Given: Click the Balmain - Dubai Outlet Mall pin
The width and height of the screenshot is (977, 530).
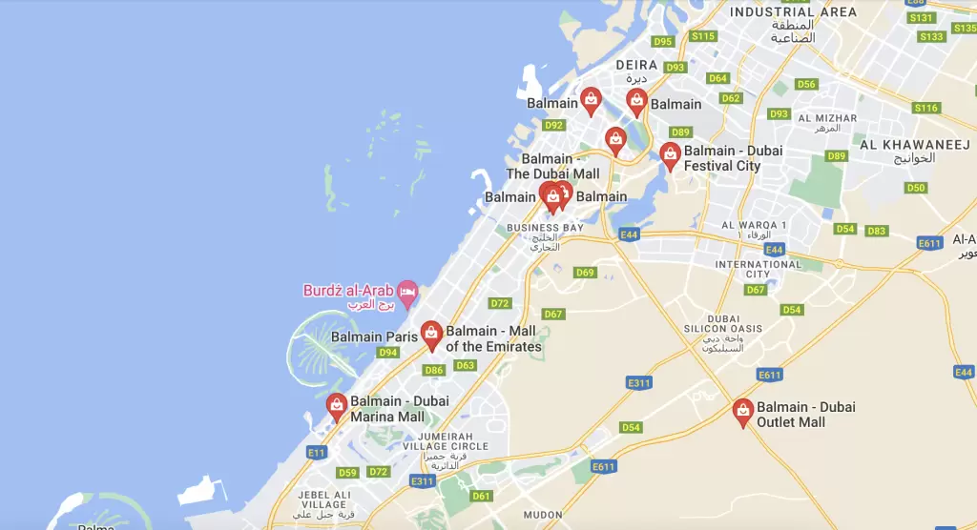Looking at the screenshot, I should tap(743, 412).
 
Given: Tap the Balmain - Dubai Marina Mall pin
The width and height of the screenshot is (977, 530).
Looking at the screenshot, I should tap(337, 406).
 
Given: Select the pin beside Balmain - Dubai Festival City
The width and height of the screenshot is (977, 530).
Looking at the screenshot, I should tap(670, 155).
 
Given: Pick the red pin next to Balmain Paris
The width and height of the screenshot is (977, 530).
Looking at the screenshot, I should tap(431, 334).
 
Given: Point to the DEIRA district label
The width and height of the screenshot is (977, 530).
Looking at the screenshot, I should tap(636, 65).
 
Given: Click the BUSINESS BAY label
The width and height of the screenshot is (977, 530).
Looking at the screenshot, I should tap(545, 228).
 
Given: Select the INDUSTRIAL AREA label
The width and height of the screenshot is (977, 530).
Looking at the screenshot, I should tap(793, 12).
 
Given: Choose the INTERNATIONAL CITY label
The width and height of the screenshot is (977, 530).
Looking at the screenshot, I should tap(759, 270).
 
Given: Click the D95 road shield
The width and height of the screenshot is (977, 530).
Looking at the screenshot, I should tap(662, 41).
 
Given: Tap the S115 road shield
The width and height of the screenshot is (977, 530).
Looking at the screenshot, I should tap(703, 36).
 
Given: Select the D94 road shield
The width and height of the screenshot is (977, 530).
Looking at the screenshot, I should tap(387, 353).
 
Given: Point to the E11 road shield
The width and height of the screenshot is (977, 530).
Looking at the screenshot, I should tap(316, 452).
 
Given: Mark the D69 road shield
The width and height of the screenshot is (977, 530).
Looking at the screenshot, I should tap(585, 273).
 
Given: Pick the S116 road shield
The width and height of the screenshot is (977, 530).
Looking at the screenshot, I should tap(926, 108).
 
